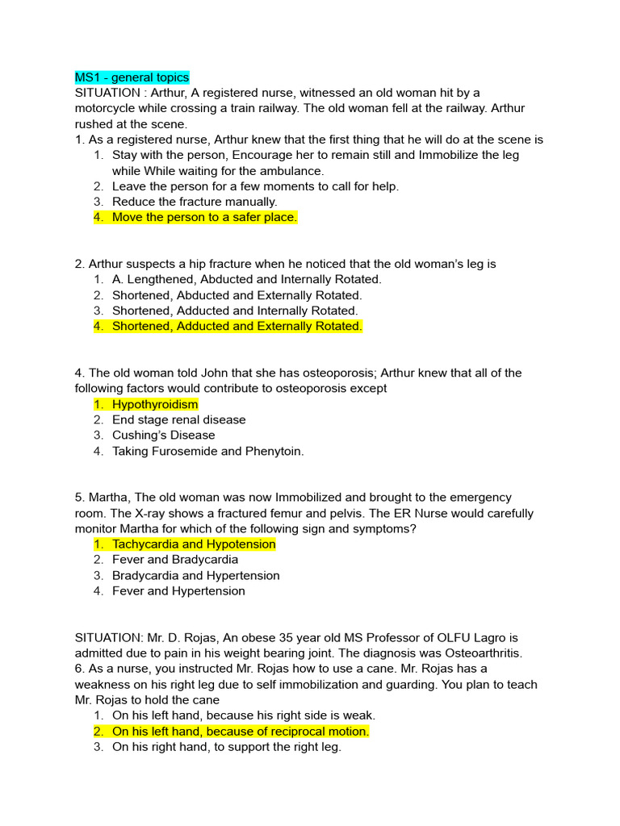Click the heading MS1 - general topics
tap(132, 77)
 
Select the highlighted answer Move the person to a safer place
tap(204, 217)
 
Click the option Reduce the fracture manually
tap(194, 202)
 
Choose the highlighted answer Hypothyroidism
tap(154, 404)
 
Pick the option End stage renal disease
tap(178, 419)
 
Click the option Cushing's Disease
tap(163, 436)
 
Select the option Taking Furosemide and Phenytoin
tap(207, 451)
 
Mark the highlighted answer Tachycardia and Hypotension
tap(194, 544)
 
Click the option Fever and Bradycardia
tap(175, 560)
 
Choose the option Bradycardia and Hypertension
tap(195, 576)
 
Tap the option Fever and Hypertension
tap(178, 591)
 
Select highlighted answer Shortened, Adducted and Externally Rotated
tap(237, 326)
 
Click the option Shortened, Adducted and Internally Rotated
tap(234, 311)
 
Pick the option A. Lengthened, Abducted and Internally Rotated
tap(246, 279)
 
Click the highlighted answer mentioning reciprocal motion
tap(240, 731)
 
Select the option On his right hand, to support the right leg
tap(226, 747)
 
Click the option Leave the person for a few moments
tap(255, 186)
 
